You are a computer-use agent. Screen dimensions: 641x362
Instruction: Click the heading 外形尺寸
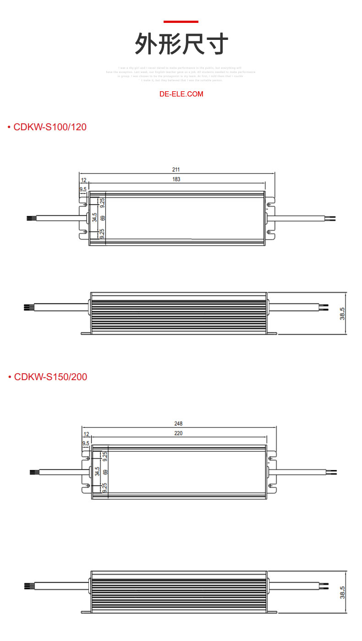[x=181, y=44]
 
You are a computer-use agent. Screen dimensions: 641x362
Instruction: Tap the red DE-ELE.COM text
[x=181, y=94]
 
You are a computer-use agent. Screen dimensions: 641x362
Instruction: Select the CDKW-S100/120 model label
[x=50, y=127]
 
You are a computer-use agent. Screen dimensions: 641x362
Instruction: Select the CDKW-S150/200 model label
[x=50, y=377]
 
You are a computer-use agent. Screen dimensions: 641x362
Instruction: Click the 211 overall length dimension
[x=176, y=170]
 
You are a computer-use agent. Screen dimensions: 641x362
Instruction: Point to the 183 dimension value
[x=176, y=179]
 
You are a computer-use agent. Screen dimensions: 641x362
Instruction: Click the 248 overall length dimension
[x=179, y=424]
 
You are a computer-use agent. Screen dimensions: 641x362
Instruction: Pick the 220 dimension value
[x=179, y=433]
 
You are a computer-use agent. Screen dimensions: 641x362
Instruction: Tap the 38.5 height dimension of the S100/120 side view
[x=342, y=314]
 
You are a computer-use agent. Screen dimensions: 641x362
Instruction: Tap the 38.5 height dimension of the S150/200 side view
[x=342, y=592]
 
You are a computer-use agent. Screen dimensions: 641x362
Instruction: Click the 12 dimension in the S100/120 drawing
[x=83, y=180]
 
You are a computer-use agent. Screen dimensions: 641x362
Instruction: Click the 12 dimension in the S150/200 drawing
[x=86, y=434]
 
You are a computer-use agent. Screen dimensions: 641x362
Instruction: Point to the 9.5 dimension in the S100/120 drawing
[x=83, y=189]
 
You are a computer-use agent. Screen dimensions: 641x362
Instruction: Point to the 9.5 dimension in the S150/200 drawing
[x=86, y=443]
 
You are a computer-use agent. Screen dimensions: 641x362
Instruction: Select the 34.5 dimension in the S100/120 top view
[x=94, y=218]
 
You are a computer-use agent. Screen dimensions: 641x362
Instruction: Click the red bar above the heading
[x=181, y=22]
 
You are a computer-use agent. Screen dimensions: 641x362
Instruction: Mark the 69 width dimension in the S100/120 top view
[x=103, y=218]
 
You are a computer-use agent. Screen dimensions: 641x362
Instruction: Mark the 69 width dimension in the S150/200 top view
[x=105, y=472]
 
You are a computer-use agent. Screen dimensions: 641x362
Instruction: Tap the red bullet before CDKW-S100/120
[x=9, y=127]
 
